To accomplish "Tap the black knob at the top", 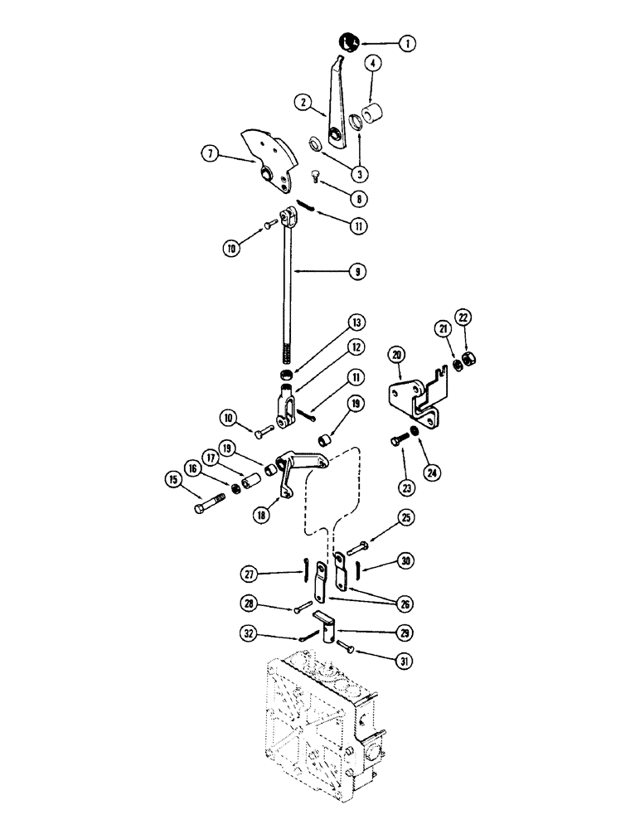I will (349, 39).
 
